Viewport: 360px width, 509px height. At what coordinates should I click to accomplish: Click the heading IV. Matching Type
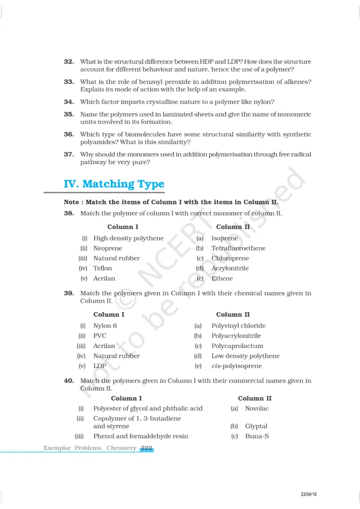tap(114, 184)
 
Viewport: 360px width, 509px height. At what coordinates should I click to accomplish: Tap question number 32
tap(69, 62)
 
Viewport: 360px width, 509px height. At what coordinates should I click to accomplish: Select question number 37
tap(69, 154)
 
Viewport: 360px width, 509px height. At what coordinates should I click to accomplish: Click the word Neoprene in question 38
tap(107, 248)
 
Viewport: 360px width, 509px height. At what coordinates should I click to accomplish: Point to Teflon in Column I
tap(102, 268)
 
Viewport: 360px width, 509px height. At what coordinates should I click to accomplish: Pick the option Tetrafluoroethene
tap(238, 248)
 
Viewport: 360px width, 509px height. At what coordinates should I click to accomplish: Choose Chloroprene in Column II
tap(230, 258)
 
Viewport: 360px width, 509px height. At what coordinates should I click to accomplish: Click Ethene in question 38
tap(222, 278)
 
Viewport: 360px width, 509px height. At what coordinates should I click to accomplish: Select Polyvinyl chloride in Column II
tap(238, 326)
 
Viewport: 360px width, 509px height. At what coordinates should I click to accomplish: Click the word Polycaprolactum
tap(237, 346)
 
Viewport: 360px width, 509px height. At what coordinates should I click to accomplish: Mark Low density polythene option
tap(245, 356)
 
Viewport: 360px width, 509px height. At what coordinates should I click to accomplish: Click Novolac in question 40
tap(257, 409)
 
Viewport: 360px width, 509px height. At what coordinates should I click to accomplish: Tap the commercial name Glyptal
tap(256, 426)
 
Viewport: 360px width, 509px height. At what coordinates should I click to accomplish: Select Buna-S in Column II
tap(257, 436)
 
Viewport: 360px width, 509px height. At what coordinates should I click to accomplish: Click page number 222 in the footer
tap(146, 448)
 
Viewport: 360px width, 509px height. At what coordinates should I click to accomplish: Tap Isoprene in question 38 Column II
tap(224, 238)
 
